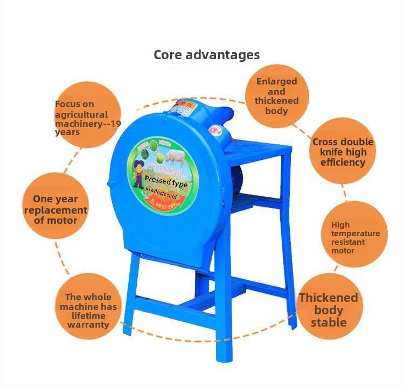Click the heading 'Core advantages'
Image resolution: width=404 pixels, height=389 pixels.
pyautogui.click(x=206, y=55)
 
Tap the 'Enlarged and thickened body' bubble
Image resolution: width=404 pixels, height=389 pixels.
pyautogui.click(x=276, y=96)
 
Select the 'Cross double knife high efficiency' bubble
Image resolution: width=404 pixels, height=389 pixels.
pyautogui.click(x=343, y=152)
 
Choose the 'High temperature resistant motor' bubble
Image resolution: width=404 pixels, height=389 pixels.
pyautogui.click(x=355, y=237)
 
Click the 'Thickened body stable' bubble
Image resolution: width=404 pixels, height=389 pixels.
pyautogui.click(x=328, y=309)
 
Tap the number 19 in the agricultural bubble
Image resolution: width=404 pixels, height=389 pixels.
pyautogui.click(x=115, y=124)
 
